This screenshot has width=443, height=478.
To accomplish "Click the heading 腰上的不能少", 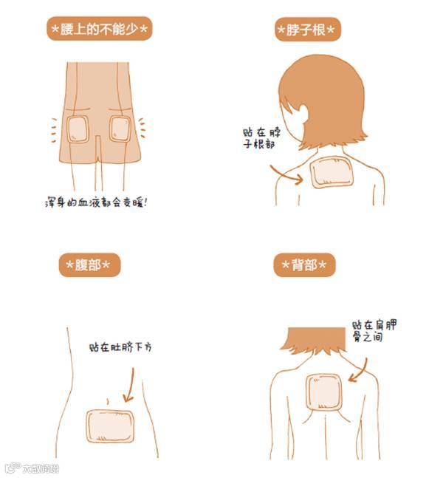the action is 99,29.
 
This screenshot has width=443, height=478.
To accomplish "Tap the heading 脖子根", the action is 307,30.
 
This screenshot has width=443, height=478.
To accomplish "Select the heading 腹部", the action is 89,264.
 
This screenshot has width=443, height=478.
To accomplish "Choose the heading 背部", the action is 304,264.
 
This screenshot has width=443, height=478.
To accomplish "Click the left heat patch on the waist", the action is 78,129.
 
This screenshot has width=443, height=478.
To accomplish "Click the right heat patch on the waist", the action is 120,129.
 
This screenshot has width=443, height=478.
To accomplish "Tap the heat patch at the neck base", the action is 332,172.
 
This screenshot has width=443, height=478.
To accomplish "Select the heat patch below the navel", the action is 110,426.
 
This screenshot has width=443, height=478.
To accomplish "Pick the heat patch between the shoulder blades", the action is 324,392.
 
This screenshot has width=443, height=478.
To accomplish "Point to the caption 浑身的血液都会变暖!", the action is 96,202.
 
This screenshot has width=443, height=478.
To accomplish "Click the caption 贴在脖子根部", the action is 261,138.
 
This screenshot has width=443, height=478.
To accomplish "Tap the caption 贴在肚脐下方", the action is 120,347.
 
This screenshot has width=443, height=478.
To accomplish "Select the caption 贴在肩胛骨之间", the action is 374,331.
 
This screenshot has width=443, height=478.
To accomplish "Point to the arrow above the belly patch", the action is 131,386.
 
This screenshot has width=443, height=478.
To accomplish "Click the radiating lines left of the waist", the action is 54,130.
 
